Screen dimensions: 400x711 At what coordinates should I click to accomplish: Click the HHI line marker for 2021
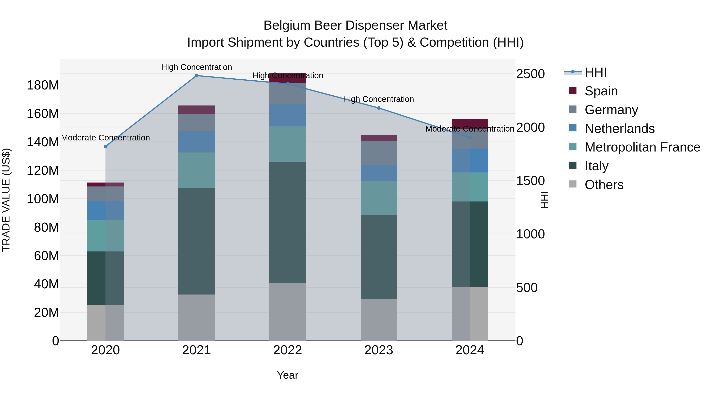click(x=197, y=76)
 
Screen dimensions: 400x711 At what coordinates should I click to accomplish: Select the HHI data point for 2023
click(x=379, y=108)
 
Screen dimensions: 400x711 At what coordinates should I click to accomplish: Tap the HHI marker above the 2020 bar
click(x=105, y=147)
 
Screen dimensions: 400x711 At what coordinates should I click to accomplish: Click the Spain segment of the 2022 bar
click(x=288, y=78)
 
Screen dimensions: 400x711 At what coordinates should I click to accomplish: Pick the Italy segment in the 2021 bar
click(x=197, y=241)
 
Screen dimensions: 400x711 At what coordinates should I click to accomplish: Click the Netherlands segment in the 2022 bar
click(x=288, y=115)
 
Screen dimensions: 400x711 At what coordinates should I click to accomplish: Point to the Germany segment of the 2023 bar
click(x=379, y=153)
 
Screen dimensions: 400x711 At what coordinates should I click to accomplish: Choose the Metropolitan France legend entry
click(x=642, y=147)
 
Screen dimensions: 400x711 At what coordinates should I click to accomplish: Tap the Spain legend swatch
click(x=573, y=90)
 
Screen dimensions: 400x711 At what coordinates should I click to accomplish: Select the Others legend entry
click(x=604, y=185)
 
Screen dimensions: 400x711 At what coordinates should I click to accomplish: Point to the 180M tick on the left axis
click(x=43, y=85)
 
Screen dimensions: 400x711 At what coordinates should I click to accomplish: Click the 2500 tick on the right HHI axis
click(x=530, y=74)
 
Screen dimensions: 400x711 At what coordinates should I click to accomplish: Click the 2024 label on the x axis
click(x=470, y=350)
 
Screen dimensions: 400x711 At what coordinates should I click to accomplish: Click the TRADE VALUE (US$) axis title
click(x=6, y=200)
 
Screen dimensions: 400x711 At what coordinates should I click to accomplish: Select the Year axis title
click(x=288, y=375)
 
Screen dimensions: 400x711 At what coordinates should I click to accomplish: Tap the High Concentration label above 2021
click(x=197, y=67)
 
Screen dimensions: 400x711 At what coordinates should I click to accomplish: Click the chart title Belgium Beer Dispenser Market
click(x=355, y=25)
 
